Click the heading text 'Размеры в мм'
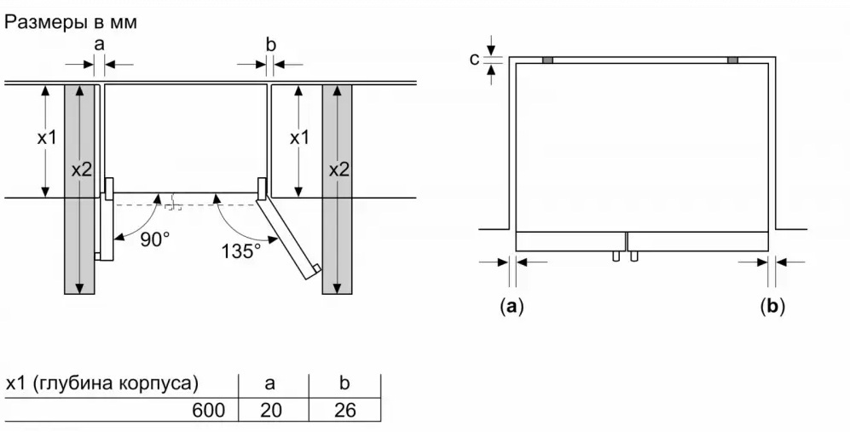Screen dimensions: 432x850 pyautogui.click(x=71, y=23)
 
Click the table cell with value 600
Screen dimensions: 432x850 pyautogui.click(x=210, y=411)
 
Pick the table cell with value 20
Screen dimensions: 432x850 pyautogui.click(x=270, y=411)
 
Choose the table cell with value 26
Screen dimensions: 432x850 pyautogui.click(x=345, y=411)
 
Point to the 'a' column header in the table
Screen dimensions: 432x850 pyautogui.click(x=270, y=383)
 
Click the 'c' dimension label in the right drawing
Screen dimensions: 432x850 pyautogui.click(x=474, y=59)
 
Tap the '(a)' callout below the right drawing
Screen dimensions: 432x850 pyautogui.click(x=511, y=306)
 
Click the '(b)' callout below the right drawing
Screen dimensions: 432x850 pyautogui.click(x=772, y=306)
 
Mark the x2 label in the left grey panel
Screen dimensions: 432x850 pyautogui.click(x=81, y=170)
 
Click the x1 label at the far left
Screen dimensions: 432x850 pyautogui.click(x=47, y=137)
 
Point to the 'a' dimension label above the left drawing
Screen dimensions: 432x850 pyautogui.click(x=98, y=43)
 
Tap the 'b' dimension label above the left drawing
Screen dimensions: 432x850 pyautogui.click(x=270, y=43)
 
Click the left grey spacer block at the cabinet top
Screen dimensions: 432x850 pyautogui.click(x=547, y=60)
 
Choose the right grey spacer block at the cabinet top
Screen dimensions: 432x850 pyautogui.click(x=733, y=60)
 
